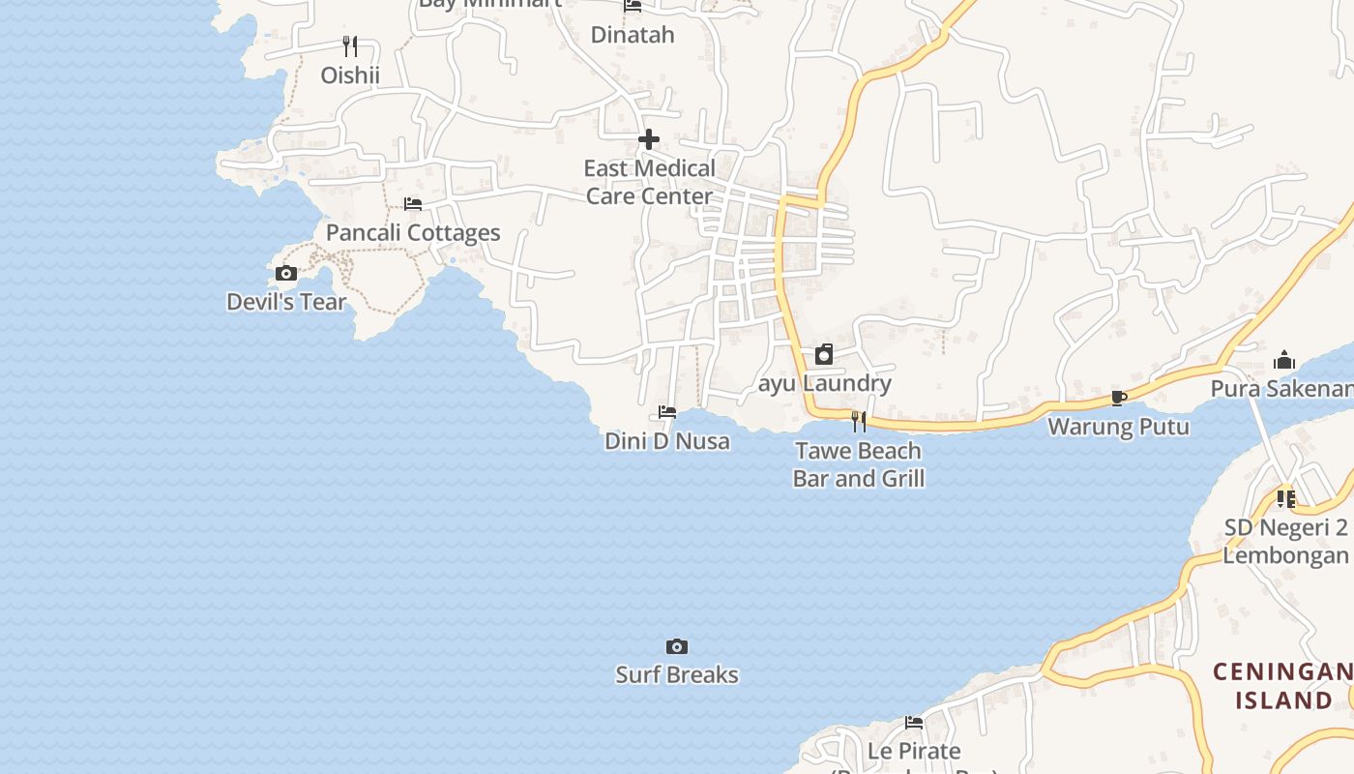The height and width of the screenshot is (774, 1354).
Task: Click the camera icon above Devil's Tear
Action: (286, 274)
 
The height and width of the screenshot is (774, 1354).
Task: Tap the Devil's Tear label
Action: (286, 302)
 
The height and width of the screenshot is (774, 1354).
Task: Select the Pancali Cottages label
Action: (413, 232)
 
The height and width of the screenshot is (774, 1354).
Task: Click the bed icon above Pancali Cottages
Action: (413, 204)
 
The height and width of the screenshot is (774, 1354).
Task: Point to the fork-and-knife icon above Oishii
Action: (350, 45)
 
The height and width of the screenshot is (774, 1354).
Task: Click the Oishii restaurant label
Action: (350, 74)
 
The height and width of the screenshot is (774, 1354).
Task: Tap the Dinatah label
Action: (633, 35)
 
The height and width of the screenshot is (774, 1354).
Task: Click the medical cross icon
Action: (649, 140)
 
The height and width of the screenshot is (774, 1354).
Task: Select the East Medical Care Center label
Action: (649, 182)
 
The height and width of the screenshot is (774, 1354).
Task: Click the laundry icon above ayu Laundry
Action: (824, 354)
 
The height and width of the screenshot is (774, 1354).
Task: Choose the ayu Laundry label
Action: (824, 383)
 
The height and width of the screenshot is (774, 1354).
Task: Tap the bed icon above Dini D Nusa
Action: (667, 412)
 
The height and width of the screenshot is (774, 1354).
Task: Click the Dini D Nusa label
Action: (667, 441)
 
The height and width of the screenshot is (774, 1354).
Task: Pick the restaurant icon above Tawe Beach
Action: (859, 422)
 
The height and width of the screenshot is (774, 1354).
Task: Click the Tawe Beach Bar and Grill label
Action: (859, 464)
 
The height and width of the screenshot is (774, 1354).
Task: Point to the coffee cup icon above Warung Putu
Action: (1119, 398)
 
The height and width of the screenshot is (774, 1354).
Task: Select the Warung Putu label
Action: (1119, 426)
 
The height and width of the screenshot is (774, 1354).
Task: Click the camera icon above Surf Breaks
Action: (677, 646)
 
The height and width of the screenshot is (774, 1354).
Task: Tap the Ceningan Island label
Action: (1282, 685)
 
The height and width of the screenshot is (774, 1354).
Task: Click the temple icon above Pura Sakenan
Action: (1284, 361)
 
